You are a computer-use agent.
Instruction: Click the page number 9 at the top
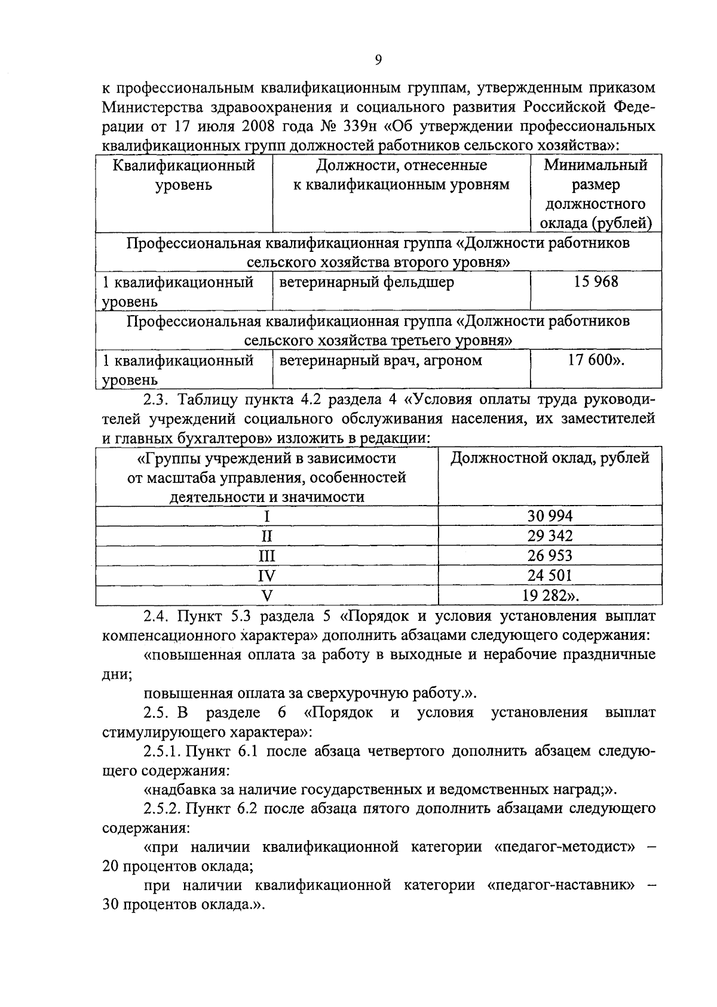pyautogui.click(x=378, y=60)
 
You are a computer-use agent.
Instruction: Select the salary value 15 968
pyautogui.click(x=596, y=282)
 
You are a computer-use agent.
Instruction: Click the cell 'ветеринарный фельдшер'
pyautogui.click(x=366, y=282)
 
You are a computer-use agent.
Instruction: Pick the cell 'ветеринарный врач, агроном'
pyautogui.click(x=381, y=361)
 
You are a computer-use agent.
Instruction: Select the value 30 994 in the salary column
pyautogui.click(x=549, y=516)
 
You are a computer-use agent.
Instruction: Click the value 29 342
pyautogui.click(x=549, y=535)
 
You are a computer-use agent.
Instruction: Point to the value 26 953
pyautogui.click(x=549, y=555)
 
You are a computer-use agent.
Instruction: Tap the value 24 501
pyautogui.click(x=549, y=575)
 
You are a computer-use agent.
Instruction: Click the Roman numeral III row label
pyautogui.click(x=266, y=556)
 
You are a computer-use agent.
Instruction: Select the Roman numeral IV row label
pyautogui.click(x=266, y=575)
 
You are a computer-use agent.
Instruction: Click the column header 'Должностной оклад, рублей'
pyautogui.click(x=549, y=458)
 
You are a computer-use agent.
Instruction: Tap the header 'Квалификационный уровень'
pyautogui.click(x=183, y=175)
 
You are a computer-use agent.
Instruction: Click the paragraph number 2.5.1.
pyautogui.click(x=161, y=751)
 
